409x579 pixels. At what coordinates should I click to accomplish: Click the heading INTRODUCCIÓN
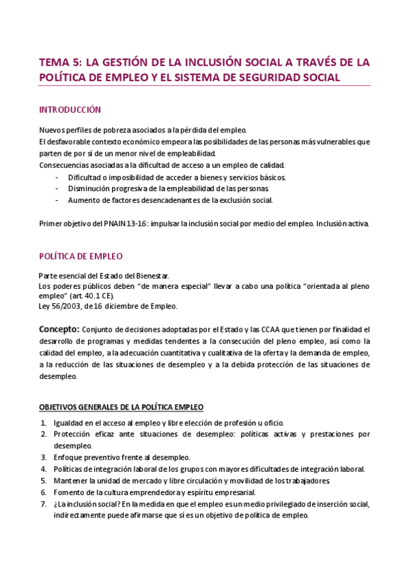[70, 109]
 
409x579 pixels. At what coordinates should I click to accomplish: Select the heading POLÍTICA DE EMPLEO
[81, 256]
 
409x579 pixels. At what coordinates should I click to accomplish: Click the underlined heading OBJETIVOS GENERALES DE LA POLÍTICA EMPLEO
[121, 408]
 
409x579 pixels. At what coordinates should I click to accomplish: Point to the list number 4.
[43, 468]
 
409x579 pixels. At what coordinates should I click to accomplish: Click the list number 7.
[43, 504]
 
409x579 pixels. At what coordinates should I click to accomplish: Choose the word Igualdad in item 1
[69, 422]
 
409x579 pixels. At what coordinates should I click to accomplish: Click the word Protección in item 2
[72, 434]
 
